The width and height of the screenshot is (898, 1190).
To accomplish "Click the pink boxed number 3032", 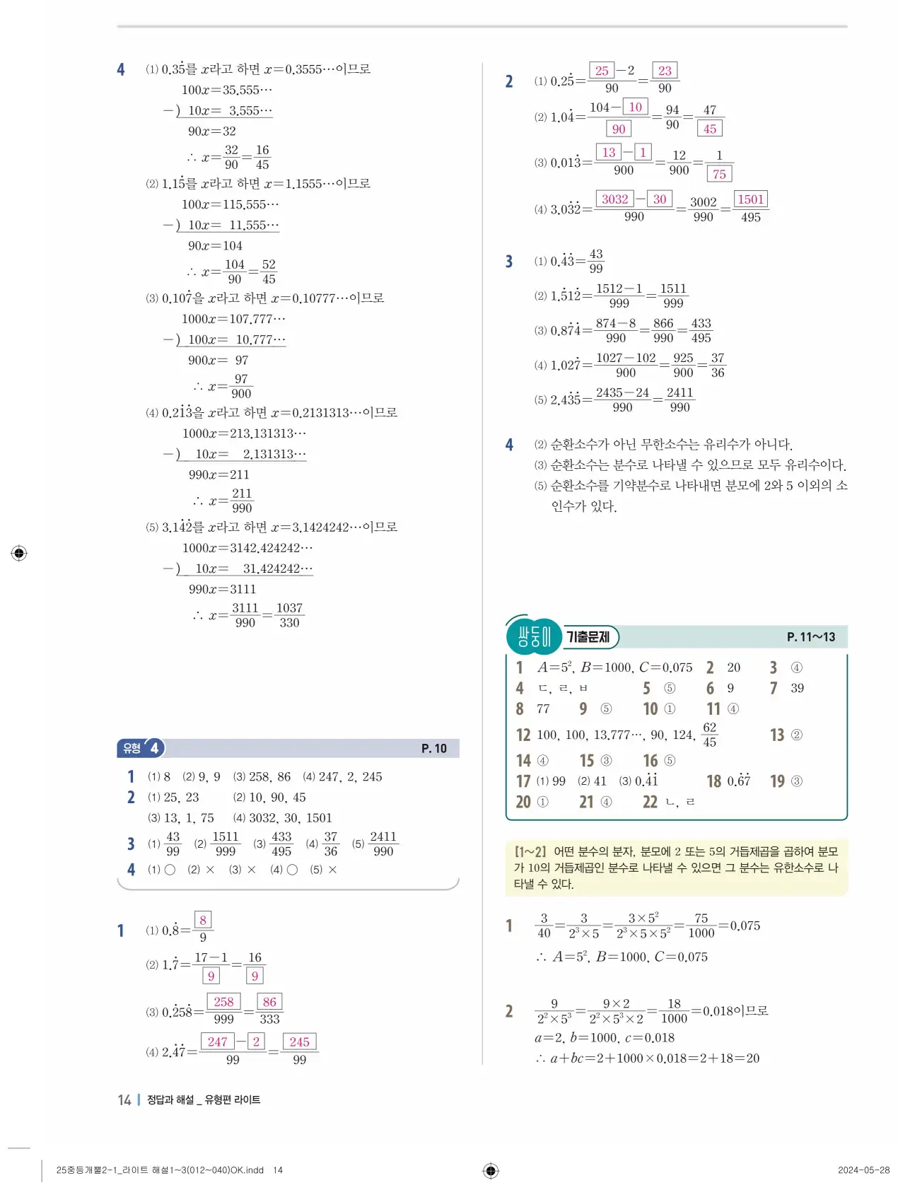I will (614, 199).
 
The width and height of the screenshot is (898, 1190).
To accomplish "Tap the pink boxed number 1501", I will (750, 199).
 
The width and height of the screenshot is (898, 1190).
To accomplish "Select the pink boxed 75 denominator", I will (719, 174).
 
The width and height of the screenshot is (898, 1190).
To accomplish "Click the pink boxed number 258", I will (223, 1002).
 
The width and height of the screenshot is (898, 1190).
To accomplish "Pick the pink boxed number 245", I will (299, 1042).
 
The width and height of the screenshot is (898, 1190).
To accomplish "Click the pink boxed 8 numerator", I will (203, 920).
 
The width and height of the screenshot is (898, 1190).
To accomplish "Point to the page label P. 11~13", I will (810, 637).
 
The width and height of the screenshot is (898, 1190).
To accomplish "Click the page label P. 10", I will (433, 748).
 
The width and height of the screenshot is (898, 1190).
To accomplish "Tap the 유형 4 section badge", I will (141, 747).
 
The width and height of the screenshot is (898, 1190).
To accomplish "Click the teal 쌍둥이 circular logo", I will (534, 636).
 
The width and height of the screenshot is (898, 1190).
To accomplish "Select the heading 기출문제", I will (588, 637).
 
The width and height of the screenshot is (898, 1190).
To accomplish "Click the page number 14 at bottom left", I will (124, 1099).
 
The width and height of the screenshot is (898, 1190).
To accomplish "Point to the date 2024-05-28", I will (863, 1170).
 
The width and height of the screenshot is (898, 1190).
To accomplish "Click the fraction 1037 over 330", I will (289, 615).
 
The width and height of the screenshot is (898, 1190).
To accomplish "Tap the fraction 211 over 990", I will (242, 501).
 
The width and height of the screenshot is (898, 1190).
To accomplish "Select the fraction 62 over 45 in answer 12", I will (709, 735).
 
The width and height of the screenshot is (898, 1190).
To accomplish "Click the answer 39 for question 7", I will (797, 688).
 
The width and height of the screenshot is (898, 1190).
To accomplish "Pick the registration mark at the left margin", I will (20, 553).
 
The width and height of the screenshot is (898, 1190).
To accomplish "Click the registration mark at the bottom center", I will (491, 1171).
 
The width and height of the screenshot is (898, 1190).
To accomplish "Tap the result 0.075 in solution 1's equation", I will (745, 926).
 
